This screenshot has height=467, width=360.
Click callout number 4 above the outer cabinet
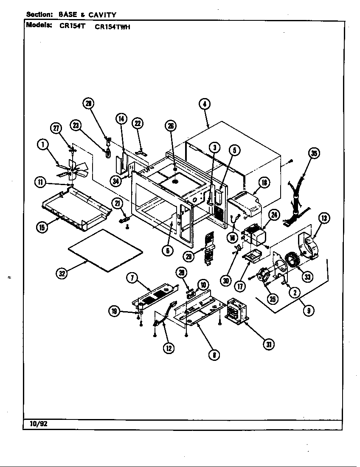(204, 104)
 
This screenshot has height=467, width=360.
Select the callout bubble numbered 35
(314, 154)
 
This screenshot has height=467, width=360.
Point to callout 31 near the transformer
(268, 344)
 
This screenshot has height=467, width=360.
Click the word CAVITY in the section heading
(102, 15)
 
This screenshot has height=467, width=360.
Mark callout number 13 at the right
(324, 218)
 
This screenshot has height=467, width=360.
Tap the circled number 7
(132, 278)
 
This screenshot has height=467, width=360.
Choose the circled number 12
(169, 348)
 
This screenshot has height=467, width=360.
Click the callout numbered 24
(274, 215)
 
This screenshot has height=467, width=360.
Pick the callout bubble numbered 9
(306, 311)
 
